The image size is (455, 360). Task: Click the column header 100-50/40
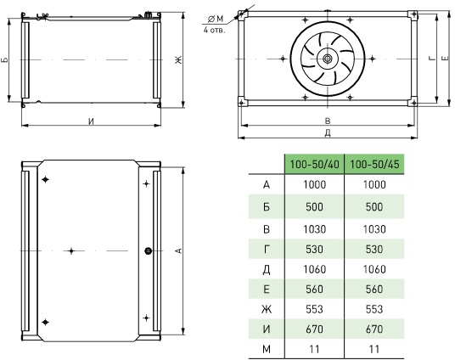(315, 165)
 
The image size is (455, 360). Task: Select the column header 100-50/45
(374, 165)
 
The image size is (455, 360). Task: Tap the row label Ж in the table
(267, 309)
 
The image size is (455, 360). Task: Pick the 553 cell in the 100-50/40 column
(314, 309)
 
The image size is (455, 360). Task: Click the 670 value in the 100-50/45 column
(374, 329)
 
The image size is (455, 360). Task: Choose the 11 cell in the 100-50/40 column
(314, 349)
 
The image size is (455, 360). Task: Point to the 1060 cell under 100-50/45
(374, 269)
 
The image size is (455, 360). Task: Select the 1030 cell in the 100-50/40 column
(314, 229)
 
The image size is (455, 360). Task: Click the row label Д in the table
(267, 270)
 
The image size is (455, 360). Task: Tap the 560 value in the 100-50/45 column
(374, 290)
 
